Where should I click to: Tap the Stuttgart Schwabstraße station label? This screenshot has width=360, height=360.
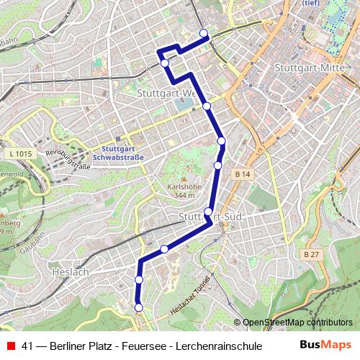(x=119, y=153)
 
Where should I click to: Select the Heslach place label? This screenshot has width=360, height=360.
(x=70, y=271)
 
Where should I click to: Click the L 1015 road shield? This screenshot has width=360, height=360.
(x=22, y=154)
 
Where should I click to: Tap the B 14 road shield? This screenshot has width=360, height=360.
(x=242, y=174)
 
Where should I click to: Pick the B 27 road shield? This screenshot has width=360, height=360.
(x=310, y=254)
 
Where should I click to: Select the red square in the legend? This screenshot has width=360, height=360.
(x=9, y=346)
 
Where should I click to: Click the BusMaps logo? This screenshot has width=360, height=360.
(x=326, y=345)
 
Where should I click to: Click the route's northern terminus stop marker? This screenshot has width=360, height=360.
(x=204, y=33)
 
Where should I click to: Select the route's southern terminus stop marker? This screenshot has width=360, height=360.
(x=138, y=308)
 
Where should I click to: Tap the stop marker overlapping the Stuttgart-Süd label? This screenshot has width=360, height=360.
(x=208, y=212)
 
